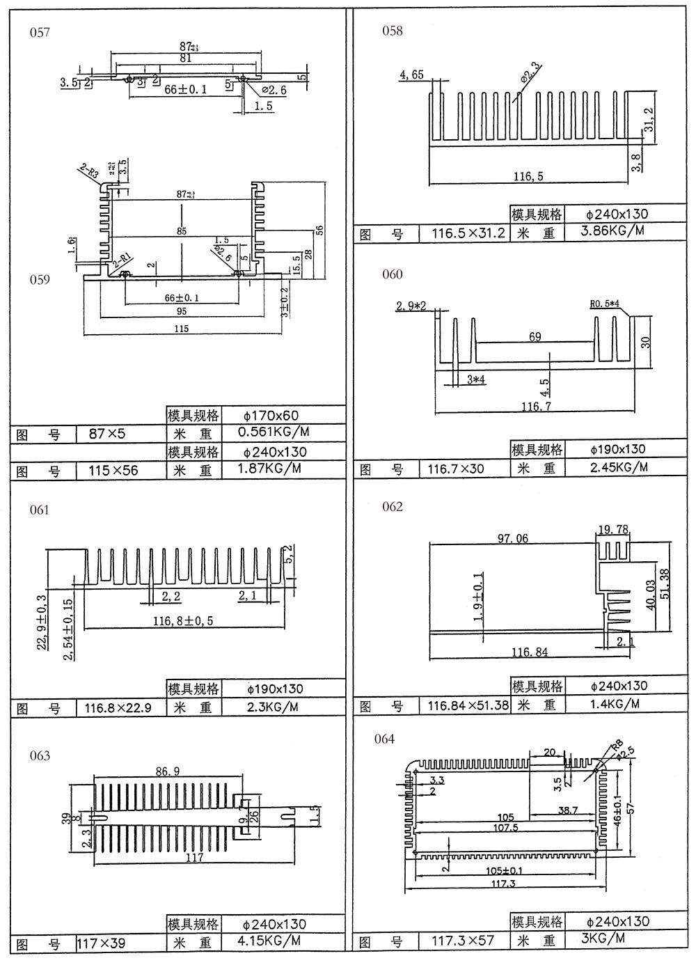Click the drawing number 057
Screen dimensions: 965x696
[x=40, y=32]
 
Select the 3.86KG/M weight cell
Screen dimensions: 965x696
[x=612, y=231]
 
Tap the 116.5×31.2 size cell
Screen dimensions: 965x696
[x=468, y=233]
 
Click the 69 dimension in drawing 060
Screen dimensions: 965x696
[x=535, y=337]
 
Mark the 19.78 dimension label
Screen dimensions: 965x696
[x=613, y=531]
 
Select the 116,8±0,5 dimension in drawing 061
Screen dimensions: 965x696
[x=183, y=620]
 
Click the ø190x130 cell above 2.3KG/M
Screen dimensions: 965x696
[x=276, y=689]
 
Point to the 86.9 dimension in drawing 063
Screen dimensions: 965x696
[x=167, y=771]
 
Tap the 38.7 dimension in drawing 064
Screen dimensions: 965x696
[x=567, y=810]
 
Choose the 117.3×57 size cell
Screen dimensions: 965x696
[x=463, y=941]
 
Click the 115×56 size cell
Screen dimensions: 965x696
[x=113, y=471]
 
